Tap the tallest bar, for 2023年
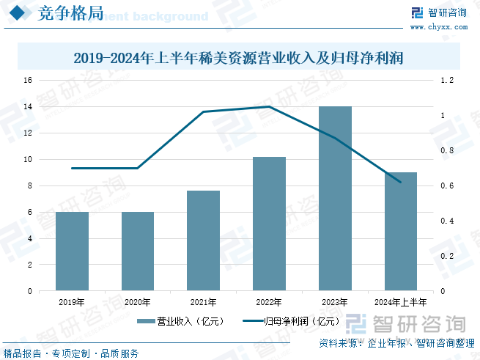[335, 198]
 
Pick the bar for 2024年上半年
[400, 231]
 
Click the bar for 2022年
[269, 224]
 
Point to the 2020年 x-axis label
[137, 301]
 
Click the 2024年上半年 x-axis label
[400, 301]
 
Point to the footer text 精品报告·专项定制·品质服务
[71, 353]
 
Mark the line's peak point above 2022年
[269, 106]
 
